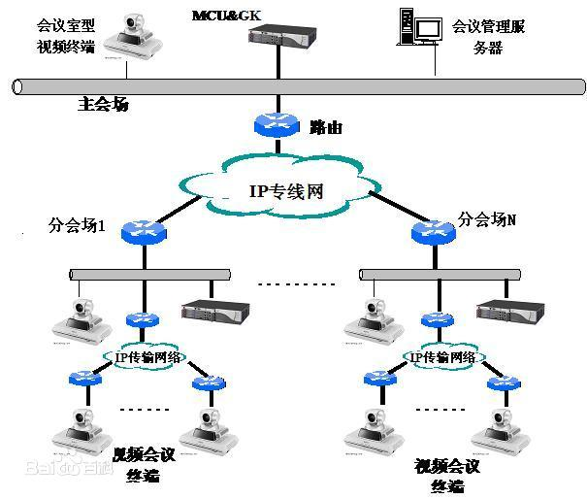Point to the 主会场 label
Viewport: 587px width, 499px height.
click(103, 104)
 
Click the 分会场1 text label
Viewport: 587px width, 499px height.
click(77, 226)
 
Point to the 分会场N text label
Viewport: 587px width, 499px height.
click(487, 219)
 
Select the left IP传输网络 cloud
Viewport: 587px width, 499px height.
click(143, 357)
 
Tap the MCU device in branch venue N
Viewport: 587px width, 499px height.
click(508, 314)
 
